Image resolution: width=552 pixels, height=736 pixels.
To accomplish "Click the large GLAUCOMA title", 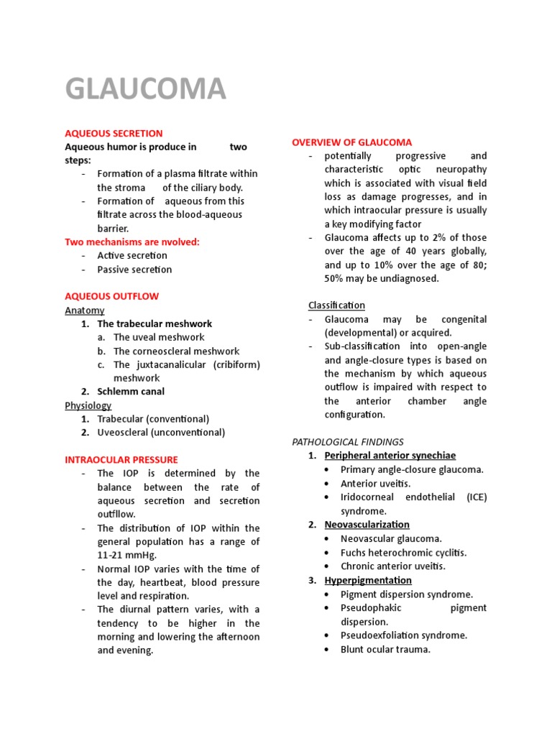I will point(146,89).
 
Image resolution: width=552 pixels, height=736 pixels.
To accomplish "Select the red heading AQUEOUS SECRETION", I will point(114,133).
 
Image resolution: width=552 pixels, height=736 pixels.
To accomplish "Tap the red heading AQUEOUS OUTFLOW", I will point(112,296).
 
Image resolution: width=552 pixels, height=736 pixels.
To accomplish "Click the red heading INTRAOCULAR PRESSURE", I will point(121,459).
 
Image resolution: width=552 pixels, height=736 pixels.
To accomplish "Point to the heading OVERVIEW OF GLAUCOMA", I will point(352,142).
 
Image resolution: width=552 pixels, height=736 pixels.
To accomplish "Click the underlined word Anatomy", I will point(85,310).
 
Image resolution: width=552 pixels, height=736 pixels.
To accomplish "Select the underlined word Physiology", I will point(88,405).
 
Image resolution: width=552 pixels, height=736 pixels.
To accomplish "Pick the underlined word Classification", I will point(336,305).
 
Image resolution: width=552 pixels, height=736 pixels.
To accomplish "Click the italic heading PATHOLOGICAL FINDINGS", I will point(348,441).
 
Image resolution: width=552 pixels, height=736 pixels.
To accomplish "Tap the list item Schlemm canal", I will point(131,392).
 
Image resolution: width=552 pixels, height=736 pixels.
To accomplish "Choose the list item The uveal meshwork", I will point(159,337).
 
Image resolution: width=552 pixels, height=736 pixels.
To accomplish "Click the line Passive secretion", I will point(134,270).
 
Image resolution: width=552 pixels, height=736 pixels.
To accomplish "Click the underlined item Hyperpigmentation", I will point(368,580).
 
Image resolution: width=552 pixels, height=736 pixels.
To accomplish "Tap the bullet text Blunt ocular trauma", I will point(385,649).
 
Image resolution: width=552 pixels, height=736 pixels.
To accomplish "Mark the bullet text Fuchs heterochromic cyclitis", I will point(403,553).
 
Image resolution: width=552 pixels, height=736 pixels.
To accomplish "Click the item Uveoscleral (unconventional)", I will point(161,433).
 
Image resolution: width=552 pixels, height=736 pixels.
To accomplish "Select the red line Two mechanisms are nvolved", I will point(132,241).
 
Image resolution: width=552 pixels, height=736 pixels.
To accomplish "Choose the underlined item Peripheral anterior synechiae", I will point(390,456).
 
